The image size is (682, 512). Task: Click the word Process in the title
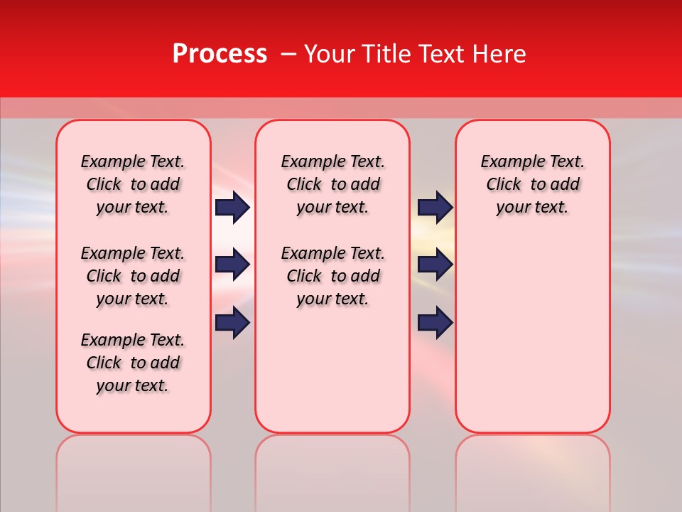(220, 54)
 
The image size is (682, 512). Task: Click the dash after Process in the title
(288, 55)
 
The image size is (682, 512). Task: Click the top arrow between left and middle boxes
(232, 207)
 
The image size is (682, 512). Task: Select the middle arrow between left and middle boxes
(232, 265)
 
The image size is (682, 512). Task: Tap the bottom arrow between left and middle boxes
(232, 323)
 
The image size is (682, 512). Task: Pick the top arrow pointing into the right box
(435, 207)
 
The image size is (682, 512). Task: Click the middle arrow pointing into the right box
(435, 265)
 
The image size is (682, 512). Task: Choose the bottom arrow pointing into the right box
(435, 323)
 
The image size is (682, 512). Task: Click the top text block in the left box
(133, 184)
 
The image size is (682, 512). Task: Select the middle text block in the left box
(133, 276)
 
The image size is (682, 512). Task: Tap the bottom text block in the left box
(133, 363)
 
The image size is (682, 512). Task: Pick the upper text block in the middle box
(332, 184)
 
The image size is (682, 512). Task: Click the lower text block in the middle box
(332, 276)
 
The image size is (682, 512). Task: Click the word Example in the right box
(509, 161)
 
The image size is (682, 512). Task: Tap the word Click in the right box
(504, 184)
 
